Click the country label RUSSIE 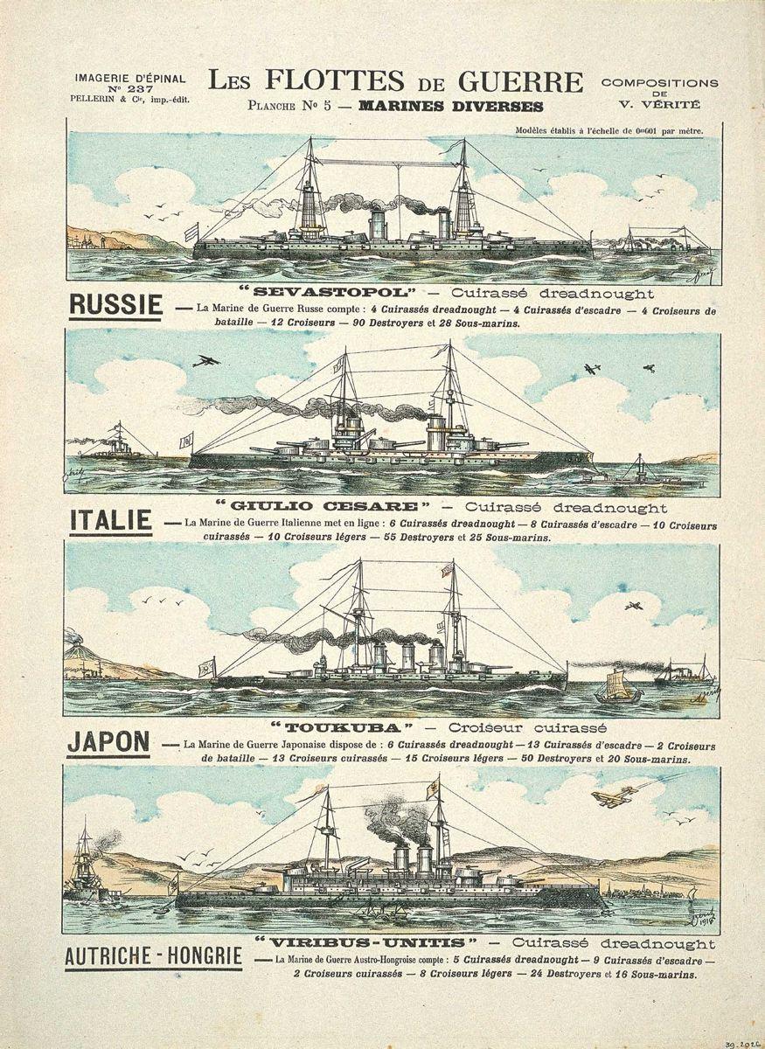(115, 304)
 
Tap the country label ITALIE (110, 521)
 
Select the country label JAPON (108, 741)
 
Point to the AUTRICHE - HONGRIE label (153, 956)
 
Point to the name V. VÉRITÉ (659, 104)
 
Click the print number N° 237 (129, 88)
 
